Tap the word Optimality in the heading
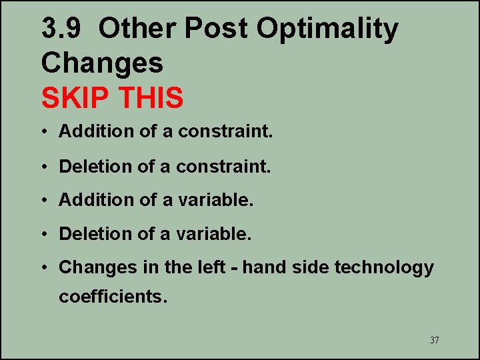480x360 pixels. (x=327, y=29)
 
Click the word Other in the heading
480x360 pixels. (x=137, y=29)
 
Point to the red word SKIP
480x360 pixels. (x=75, y=98)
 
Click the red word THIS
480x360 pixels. (x=151, y=98)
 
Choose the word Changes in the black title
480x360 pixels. (x=102, y=63)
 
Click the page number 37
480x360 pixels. (x=434, y=341)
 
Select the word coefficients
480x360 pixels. (x=113, y=297)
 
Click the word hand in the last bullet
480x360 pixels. (x=262, y=267)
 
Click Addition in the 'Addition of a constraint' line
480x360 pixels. (x=97, y=131)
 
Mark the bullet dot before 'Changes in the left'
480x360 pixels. (x=45, y=268)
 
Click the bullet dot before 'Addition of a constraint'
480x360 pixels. (x=45, y=132)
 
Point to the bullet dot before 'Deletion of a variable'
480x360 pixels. (x=45, y=235)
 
